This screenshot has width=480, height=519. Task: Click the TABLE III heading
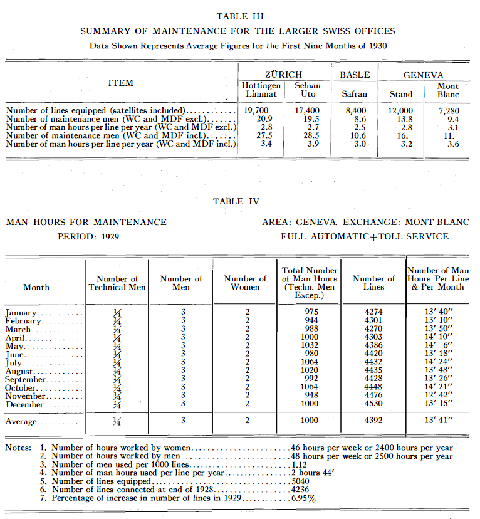pyautogui.click(x=239, y=16)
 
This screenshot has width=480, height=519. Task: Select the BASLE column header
pyautogui.click(x=355, y=75)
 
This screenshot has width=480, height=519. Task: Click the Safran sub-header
pyautogui.click(x=355, y=94)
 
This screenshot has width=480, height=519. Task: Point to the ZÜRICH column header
pyautogui.click(x=283, y=75)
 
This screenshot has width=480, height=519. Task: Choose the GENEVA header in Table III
pyautogui.click(x=423, y=75)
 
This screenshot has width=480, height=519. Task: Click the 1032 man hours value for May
pyautogui.click(x=309, y=345)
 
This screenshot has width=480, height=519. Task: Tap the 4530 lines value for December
pyautogui.click(x=373, y=404)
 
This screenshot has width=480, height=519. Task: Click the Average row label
pyautogui.click(x=22, y=422)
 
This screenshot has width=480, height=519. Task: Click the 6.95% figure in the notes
pyautogui.click(x=303, y=499)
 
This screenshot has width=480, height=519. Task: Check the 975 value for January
pyautogui.click(x=309, y=312)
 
